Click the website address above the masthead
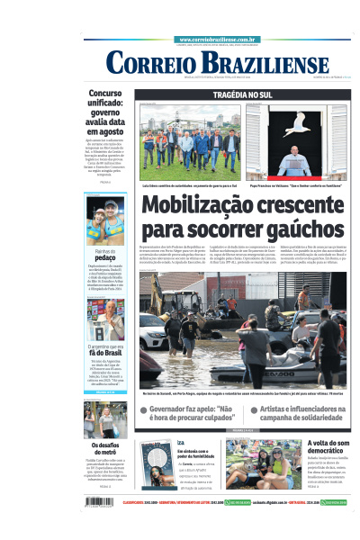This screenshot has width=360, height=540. pyautogui.click(x=219, y=40)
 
